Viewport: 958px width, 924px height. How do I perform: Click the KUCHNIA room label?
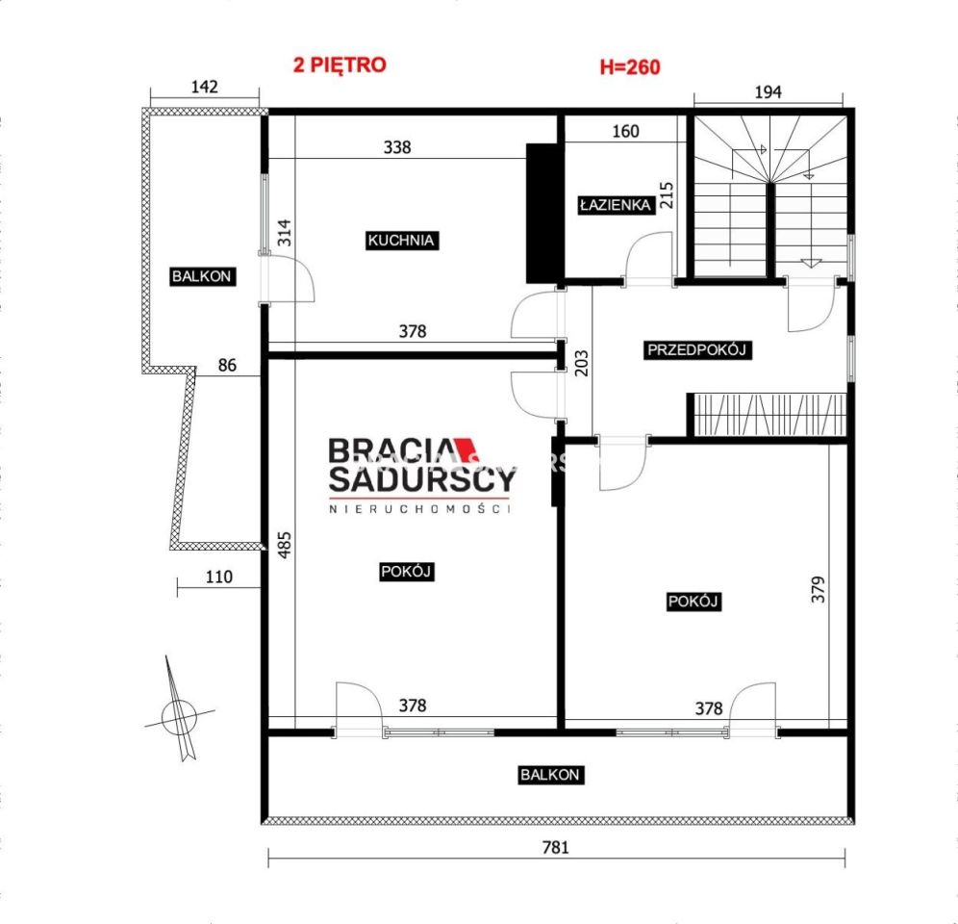(401, 241)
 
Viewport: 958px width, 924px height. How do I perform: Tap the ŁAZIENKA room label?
(616, 205)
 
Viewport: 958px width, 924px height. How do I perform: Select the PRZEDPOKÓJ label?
(696, 350)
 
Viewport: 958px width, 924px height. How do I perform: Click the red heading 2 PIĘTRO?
(340, 64)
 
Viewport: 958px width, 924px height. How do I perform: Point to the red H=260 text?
(630, 66)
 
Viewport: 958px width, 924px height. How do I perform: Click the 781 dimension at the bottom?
(555, 847)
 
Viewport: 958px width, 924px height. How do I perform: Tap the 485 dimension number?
(284, 545)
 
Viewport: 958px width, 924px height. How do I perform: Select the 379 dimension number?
(818, 589)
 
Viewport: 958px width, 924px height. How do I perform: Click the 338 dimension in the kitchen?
(397, 146)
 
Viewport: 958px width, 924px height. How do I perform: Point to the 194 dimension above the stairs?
(768, 92)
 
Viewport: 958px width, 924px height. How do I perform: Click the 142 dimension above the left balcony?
(205, 87)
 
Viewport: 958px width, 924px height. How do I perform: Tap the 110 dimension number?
(218, 577)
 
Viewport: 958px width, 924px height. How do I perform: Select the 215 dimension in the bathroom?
(667, 195)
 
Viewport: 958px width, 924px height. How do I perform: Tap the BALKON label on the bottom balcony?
(550, 775)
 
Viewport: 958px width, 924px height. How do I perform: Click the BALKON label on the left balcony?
(202, 276)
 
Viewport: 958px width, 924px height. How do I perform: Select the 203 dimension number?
(582, 363)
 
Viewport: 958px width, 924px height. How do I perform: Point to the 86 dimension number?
(227, 365)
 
